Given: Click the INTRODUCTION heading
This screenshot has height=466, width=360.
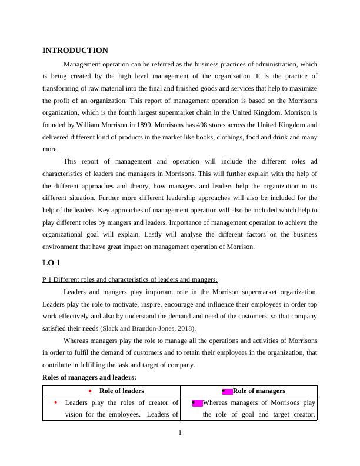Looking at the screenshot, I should click(75, 51).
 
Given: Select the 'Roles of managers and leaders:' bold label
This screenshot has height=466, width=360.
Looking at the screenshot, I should click(89, 377).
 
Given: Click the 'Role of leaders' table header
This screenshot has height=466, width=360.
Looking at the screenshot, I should click(121, 391).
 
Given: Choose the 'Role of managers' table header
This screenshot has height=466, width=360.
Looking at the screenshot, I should click(259, 391).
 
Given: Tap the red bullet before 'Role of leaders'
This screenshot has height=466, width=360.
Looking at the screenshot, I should click(89, 391).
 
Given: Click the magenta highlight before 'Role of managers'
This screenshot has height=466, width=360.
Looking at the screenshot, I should click(227, 391).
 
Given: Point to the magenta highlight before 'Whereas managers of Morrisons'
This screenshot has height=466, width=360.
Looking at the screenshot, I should click(197, 403).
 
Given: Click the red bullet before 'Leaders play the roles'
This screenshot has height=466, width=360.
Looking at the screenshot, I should click(55, 403).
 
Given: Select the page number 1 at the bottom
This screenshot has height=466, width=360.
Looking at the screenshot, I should click(180, 434).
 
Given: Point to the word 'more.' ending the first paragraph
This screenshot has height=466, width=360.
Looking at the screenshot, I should click(51, 149).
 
